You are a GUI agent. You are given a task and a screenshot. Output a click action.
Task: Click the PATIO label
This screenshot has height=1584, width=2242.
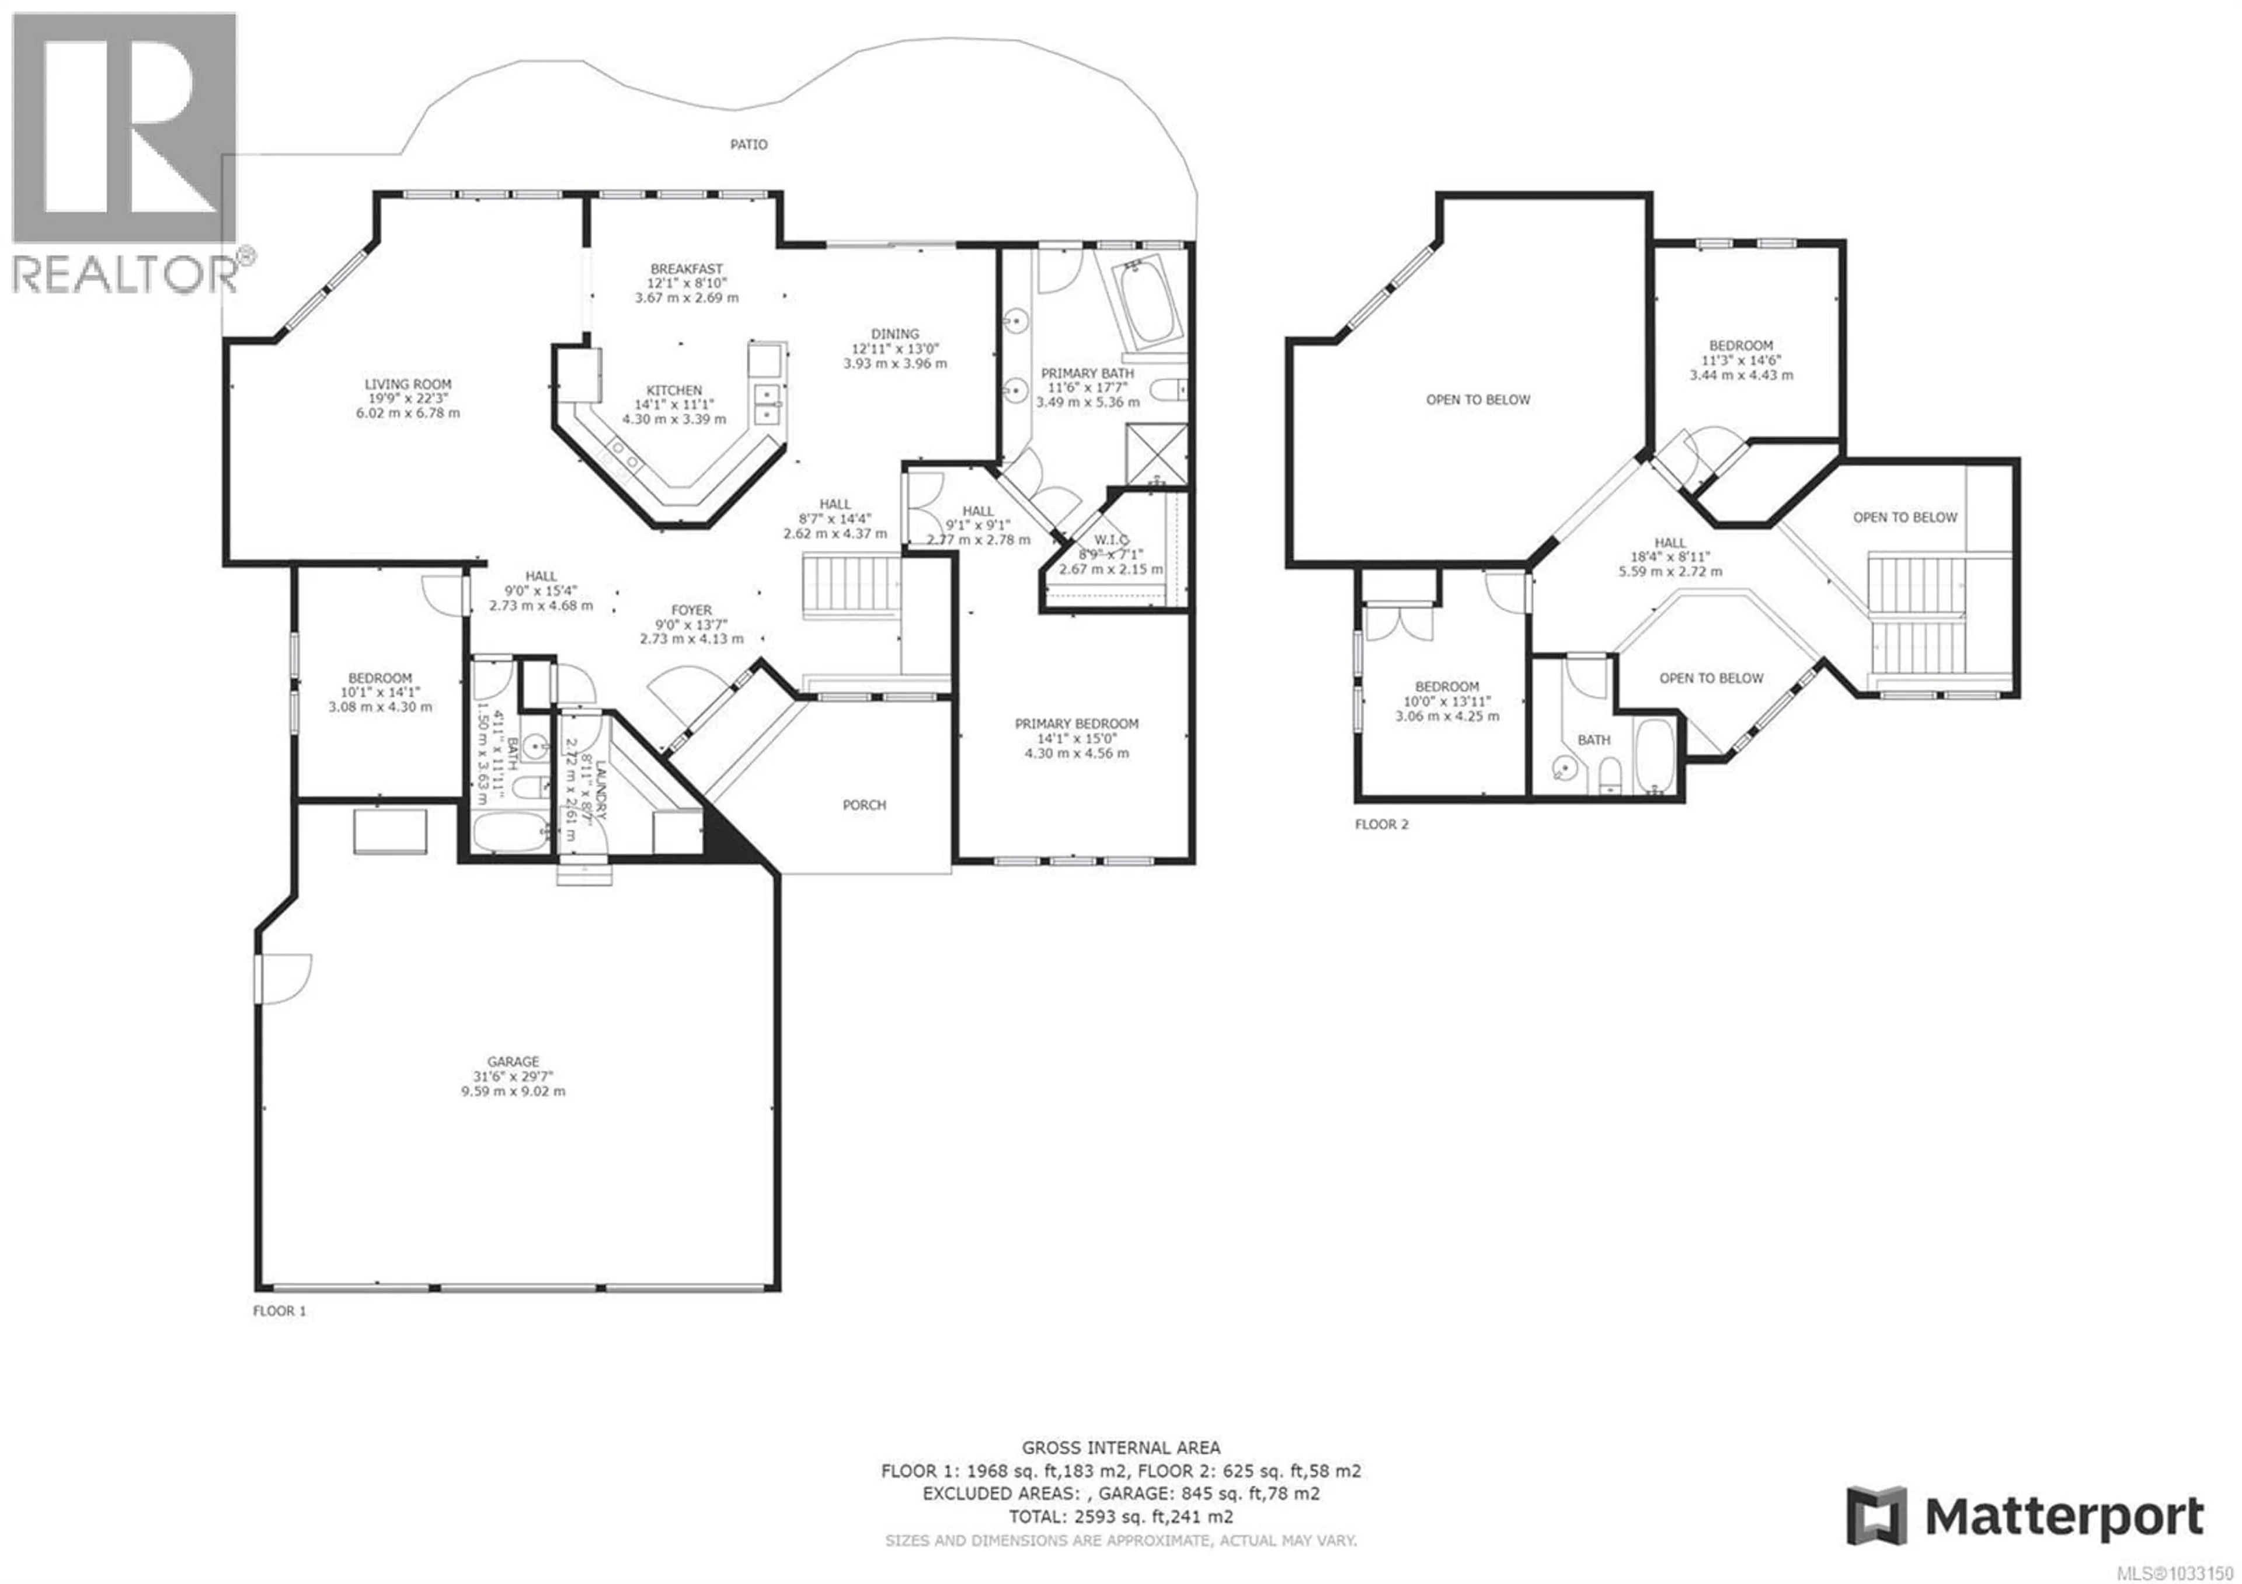click(x=749, y=144)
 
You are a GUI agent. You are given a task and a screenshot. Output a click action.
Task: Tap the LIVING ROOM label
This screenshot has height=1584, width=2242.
click(x=408, y=385)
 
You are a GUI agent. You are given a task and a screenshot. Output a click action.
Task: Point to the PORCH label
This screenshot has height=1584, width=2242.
click(x=864, y=805)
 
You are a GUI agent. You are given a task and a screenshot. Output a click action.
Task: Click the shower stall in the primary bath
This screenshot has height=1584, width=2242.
click(x=1156, y=455)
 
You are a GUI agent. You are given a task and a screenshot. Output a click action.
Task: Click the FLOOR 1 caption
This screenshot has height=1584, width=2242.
click(x=279, y=1311)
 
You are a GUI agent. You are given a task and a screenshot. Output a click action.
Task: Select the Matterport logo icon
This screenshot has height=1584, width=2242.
click(x=1877, y=1516)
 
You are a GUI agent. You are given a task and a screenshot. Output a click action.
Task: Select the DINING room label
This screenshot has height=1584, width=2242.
click(x=894, y=334)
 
